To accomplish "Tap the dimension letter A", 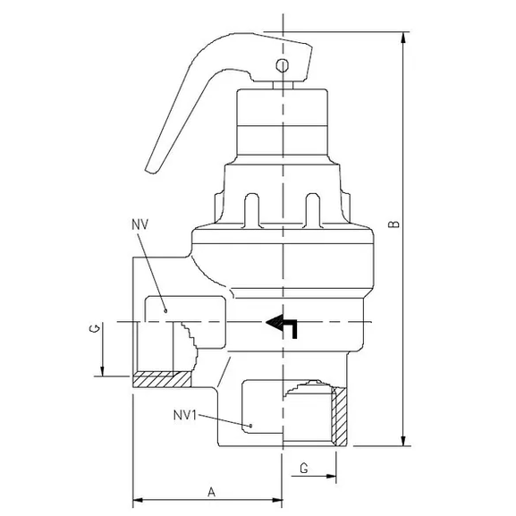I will (x=210, y=491).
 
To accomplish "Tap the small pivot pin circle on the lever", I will (x=283, y=65).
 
